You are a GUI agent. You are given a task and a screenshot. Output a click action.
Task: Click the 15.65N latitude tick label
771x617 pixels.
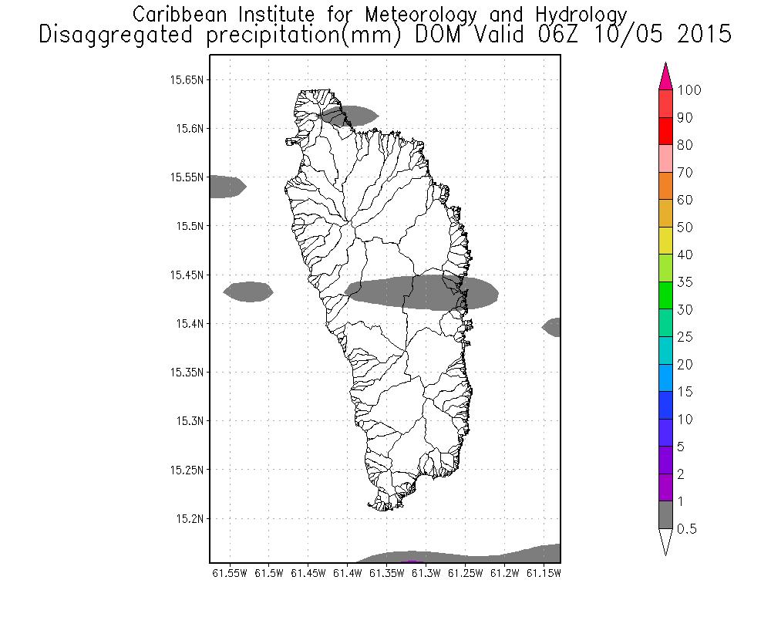pos(187,79)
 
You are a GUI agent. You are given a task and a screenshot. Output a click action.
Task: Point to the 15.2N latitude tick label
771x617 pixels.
pos(189,518)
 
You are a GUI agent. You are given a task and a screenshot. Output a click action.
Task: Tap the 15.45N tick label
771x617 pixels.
pos(187,275)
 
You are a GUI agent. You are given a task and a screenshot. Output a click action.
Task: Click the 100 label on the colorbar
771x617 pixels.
pos(689,90)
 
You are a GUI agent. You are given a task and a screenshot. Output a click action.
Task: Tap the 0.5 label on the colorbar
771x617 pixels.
pos(686,529)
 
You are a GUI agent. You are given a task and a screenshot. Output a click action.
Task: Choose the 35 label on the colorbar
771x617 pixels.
pos(685,282)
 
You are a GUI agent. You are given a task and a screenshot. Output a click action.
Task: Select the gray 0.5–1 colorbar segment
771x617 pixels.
pos(667,514)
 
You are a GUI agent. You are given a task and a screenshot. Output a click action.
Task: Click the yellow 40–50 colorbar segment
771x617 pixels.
pos(667,241)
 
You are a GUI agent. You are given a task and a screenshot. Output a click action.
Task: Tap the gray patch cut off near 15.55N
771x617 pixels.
pos(226,187)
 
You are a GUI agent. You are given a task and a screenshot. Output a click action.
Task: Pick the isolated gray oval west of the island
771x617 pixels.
pos(248,292)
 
